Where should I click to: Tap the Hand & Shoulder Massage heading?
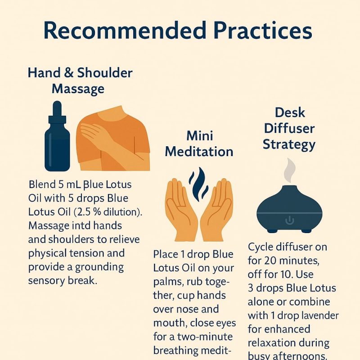click(x=80, y=80)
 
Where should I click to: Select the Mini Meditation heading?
click(x=199, y=144)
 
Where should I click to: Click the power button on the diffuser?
click(x=290, y=220)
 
